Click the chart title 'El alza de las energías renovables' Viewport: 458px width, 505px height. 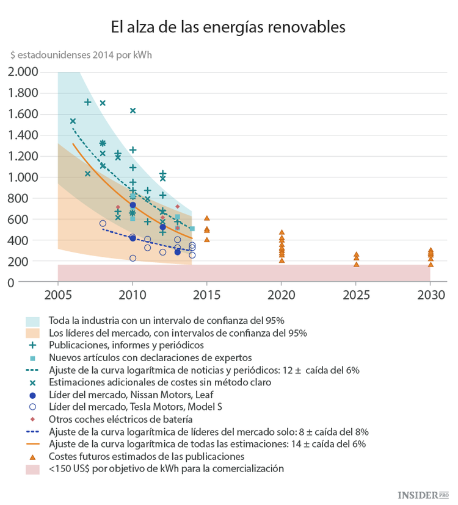tap(228, 27)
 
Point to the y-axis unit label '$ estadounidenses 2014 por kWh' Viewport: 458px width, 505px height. tap(81, 54)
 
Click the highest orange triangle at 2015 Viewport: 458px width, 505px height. tap(207, 218)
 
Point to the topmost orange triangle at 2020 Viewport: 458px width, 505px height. tap(282, 232)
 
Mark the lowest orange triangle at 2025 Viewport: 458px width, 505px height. tap(356, 264)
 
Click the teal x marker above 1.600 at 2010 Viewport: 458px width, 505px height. tap(133, 110)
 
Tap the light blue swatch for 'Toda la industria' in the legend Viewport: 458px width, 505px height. tap(32, 320)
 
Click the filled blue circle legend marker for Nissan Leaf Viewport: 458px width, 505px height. tap(32, 395)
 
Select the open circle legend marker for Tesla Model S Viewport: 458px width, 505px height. tap(32, 407)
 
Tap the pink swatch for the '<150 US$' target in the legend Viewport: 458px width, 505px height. tap(32, 469)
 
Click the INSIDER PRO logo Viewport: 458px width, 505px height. tap(421, 494)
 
